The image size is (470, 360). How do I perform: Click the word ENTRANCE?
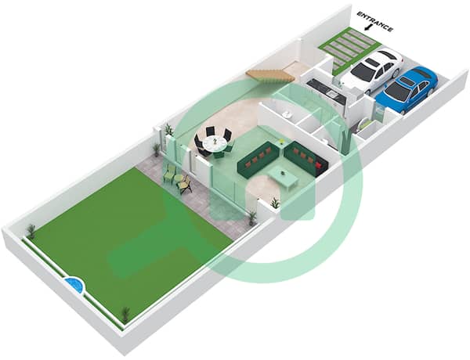(x=375, y=22)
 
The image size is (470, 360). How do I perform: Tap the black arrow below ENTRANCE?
(x=367, y=27)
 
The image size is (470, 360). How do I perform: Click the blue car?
(x=407, y=88)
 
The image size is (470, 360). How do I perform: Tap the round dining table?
(x=215, y=144)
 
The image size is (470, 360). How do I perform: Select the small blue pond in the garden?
(x=74, y=285)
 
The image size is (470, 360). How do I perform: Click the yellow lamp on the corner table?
(x=281, y=142)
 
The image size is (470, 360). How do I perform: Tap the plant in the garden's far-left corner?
(x=31, y=231)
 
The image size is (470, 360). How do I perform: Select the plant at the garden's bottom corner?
(x=126, y=315)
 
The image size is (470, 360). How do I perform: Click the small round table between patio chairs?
(x=179, y=178)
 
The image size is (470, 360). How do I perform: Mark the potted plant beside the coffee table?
(x=275, y=204)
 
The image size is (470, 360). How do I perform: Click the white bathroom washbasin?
(x=287, y=114)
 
